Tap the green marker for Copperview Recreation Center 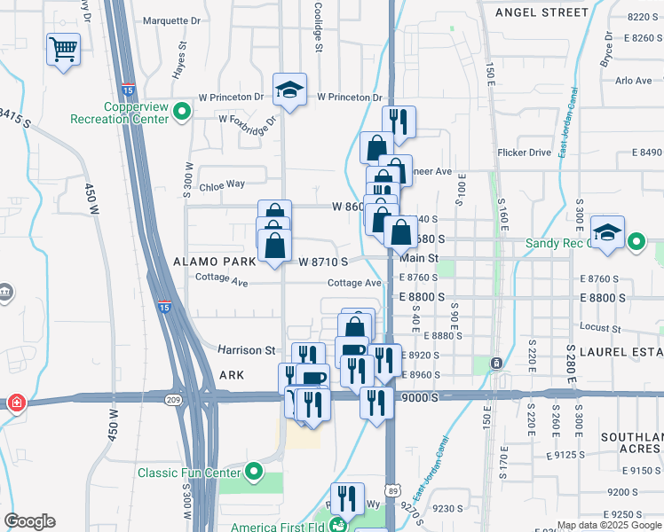point(182,112)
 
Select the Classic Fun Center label point(190,472)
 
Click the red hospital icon point(16,403)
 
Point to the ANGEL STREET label point(541,12)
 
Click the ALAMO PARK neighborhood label point(214,262)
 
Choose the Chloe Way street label point(222,184)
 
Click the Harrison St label point(247,351)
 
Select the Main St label point(420,258)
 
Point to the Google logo point(29,521)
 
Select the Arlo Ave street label point(634,81)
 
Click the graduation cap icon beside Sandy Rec point(608,232)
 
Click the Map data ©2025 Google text point(607,525)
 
